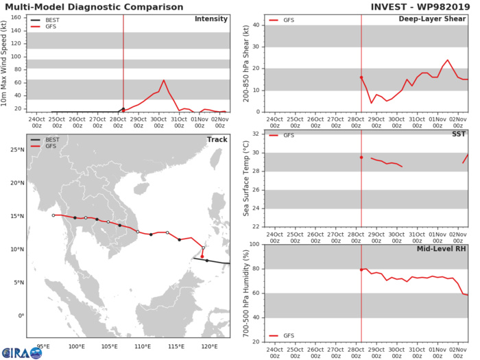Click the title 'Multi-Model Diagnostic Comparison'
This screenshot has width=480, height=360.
(92, 8)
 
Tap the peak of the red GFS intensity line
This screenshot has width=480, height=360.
(163, 80)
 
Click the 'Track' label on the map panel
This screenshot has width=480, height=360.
(217, 140)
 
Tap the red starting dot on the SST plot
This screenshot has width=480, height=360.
(361, 157)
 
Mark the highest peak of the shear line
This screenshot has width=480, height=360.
(448, 60)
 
